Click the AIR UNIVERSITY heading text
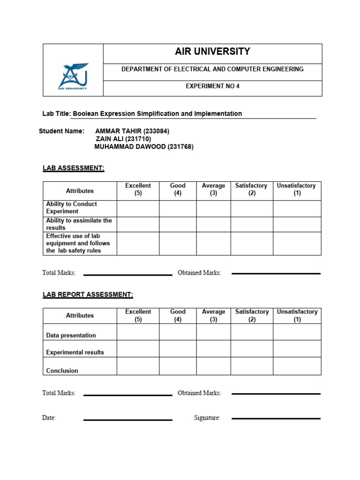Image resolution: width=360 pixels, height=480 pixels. pyautogui.click(x=212, y=52)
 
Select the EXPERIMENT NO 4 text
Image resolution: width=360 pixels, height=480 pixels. pyautogui.click(x=212, y=86)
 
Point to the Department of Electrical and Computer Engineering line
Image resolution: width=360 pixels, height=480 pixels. pyautogui.click(x=212, y=69)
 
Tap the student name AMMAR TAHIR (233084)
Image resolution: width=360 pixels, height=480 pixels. pyautogui.click(x=132, y=131)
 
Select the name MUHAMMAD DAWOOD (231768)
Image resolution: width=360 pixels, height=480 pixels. pyautogui.click(x=144, y=147)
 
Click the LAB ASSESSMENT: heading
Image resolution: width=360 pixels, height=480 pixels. pyautogui.click(x=73, y=168)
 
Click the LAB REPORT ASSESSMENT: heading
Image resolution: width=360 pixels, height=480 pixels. pyautogui.click(x=88, y=294)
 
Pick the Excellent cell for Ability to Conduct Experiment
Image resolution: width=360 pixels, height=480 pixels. pyautogui.click(x=138, y=208)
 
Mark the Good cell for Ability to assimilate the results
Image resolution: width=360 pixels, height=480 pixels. pyautogui.click(x=178, y=224)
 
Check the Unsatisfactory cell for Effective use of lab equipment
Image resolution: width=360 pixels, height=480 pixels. pyautogui.click(x=297, y=243)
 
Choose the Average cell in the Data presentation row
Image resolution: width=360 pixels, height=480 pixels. pyautogui.click(x=213, y=332)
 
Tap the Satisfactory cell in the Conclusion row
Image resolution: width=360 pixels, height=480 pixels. pyautogui.click(x=252, y=366)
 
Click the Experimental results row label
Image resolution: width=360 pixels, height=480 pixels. pyautogui.click(x=75, y=352)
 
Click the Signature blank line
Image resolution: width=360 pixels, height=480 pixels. pyautogui.click(x=276, y=418)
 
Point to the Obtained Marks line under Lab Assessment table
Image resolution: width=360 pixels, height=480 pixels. pyautogui.click(x=276, y=273)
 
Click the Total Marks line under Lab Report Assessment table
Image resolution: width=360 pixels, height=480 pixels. pyautogui.click(x=127, y=395)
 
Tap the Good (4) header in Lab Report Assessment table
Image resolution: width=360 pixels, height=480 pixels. pyautogui.click(x=178, y=315)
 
